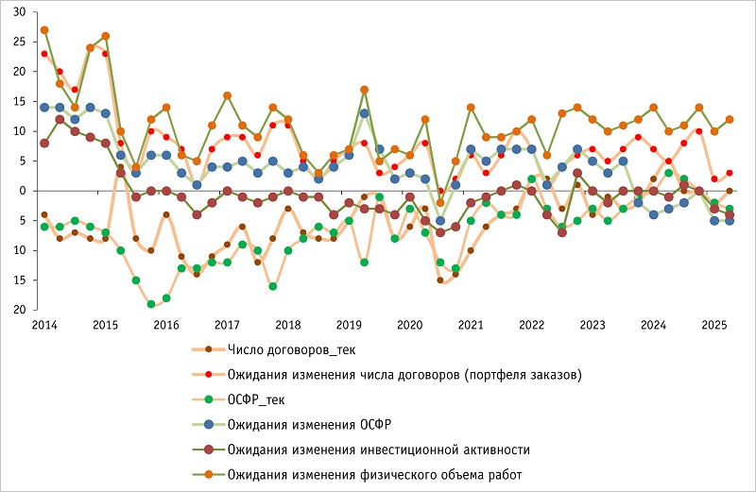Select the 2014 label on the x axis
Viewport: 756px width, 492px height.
click(43, 324)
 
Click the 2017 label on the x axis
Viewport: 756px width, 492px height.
click(227, 324)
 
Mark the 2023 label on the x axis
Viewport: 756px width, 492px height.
click(593, 324)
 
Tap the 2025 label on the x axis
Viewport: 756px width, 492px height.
click(714, 324)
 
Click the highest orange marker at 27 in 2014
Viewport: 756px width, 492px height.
click(44, 30)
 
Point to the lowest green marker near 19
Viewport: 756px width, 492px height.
click(151, 304)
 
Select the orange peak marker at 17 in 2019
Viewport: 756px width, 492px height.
click(364, 90)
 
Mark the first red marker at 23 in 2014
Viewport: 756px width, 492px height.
click(44, 54)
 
